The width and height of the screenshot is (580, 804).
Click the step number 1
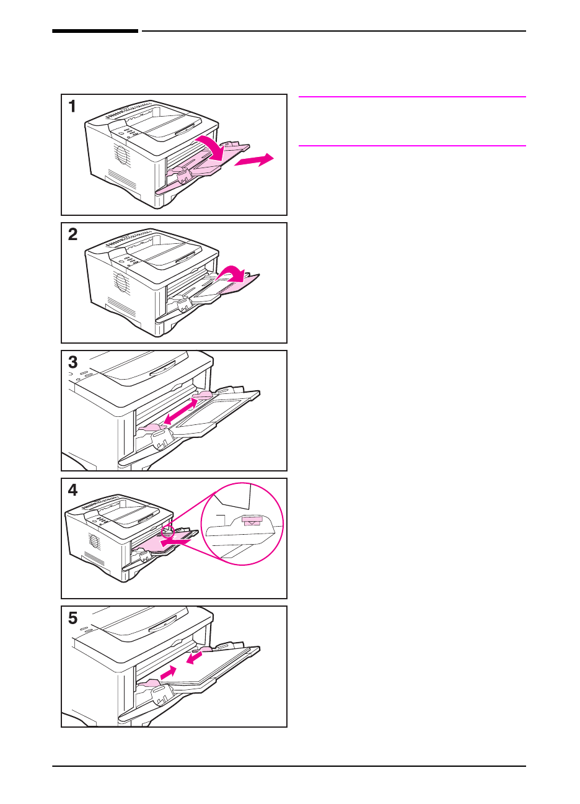(72, 107)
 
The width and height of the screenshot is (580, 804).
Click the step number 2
(73, 234)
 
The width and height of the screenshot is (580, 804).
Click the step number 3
(73, 362)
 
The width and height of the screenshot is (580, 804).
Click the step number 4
(73, 490)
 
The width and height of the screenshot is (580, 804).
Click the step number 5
(73, 618)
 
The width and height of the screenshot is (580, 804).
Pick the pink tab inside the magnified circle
(252, 521)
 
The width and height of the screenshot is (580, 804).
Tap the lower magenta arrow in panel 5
(169, 672)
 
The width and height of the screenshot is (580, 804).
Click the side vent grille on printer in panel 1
(121, 154)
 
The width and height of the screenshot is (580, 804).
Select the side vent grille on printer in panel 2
(121, 283)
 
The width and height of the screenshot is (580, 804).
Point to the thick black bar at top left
(95, 30)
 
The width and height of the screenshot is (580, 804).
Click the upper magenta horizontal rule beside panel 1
(412, 97)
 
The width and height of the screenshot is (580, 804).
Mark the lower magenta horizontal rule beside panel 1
(412, 146)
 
